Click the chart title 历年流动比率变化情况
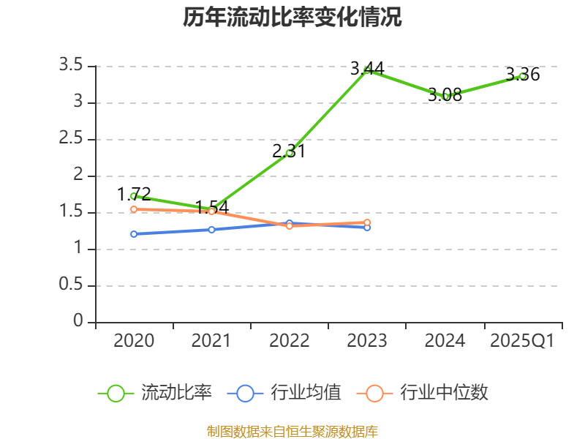tap(292, 18)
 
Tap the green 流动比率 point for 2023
tap(367, 70)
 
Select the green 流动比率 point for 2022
tap(290, 153)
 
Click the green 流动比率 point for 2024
tap(445, 96)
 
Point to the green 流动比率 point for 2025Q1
tap(523, 76)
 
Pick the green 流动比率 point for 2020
tap(134, 196)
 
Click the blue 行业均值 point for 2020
tap(134, 234)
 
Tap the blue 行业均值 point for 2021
tap(211, 230)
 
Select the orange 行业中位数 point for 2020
tap(134, 209)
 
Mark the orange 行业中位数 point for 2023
tap(367, 222)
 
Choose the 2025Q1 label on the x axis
tap(522, 341)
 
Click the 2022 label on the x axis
tap(290, 341)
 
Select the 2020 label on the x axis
tap(134, 341)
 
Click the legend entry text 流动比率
tap(176, 393)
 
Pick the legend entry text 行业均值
tap(306, 393)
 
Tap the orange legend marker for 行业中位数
tap(374, 393)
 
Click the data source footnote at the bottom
tap(292, 431)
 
